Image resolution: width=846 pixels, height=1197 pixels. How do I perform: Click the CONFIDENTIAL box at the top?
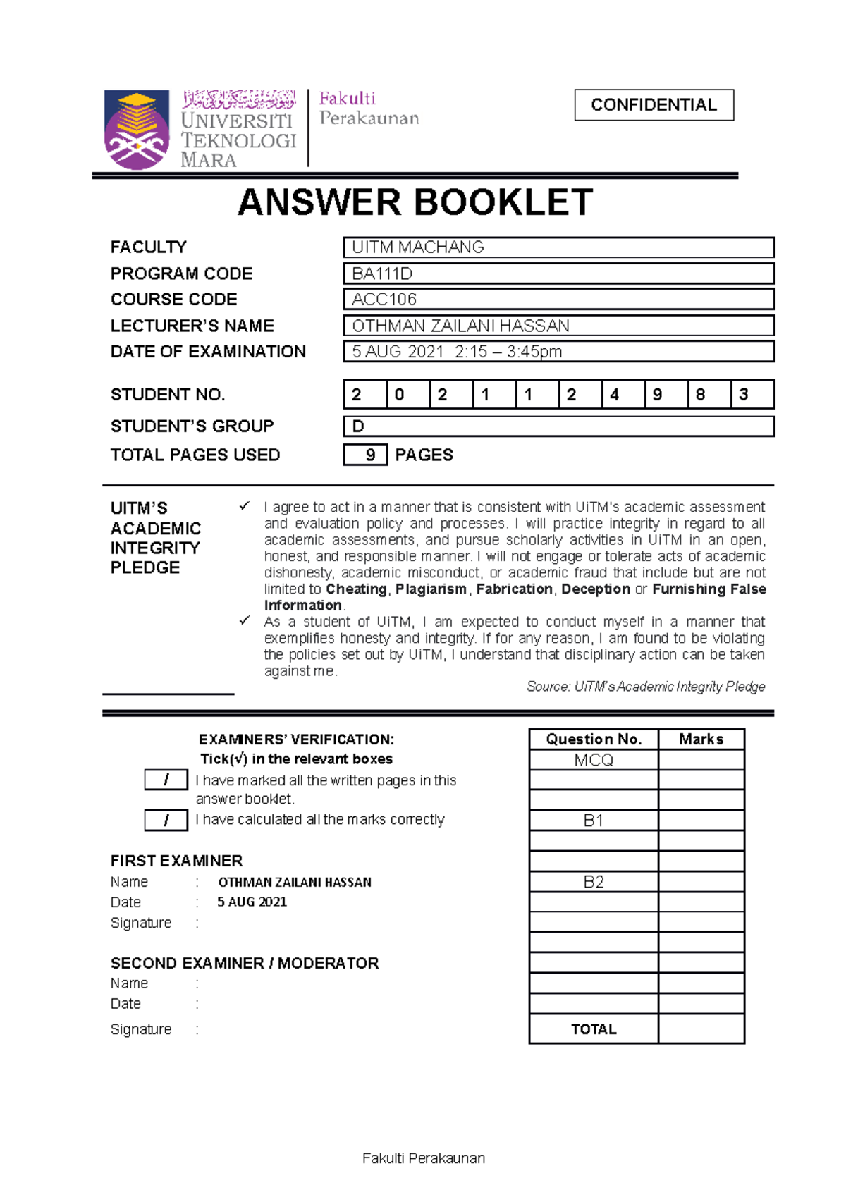tap(654, 105)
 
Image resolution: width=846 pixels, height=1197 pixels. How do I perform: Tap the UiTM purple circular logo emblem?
tap(137, 130)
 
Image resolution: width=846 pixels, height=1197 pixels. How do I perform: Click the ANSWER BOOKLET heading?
tap(415, 203)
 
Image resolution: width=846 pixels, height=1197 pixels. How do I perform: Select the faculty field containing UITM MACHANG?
tap(558, 247)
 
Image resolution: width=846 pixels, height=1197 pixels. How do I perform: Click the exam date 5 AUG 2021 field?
tap(558, 352)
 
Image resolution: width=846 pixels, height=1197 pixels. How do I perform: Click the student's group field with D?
tap(558, 426)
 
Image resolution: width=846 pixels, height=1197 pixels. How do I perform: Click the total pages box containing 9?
tap(365, 455)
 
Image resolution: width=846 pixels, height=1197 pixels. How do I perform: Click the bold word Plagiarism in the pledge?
tap(431, 589)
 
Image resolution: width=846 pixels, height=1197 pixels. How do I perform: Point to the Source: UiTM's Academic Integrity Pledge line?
tap(645, 687)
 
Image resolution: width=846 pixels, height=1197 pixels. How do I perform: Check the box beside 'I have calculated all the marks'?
tap(166, 820)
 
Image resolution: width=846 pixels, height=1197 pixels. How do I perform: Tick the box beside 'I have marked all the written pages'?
tap(166, 780)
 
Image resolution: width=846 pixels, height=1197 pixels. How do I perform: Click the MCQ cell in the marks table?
tap(594, 760)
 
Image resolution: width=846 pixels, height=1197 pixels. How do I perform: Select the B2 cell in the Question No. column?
tap(594, 883)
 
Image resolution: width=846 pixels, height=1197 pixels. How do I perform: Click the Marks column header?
tap(701, 739)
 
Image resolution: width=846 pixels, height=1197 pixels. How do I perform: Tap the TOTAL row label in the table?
tap(594, 1029)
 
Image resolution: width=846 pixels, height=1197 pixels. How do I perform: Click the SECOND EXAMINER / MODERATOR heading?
tap(245, 964)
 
